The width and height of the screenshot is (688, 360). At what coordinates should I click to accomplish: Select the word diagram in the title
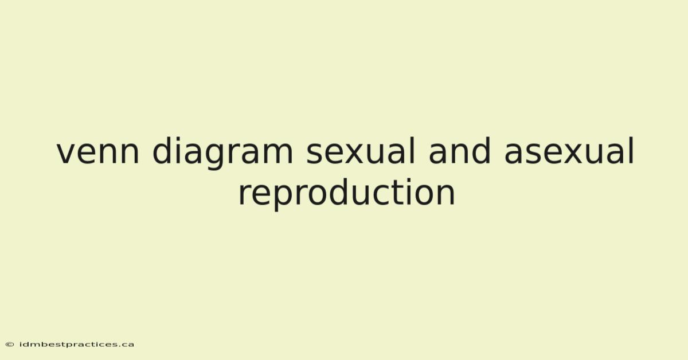[x=222, y=153]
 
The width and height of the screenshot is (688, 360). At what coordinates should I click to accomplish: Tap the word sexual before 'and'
[x=360, y=151]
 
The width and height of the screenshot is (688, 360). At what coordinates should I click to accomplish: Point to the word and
[x=459, y=151]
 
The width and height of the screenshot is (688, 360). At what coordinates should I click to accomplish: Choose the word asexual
[x=569, y=151]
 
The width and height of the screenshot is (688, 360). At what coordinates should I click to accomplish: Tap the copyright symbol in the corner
[x=10, y=345]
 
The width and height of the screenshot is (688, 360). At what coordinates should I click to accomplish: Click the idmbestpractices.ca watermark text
[x=76, y=345]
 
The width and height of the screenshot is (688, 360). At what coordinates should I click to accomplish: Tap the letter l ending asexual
[x=631, y=151]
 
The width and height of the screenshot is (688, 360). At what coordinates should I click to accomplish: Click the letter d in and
[x=480, y=151]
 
